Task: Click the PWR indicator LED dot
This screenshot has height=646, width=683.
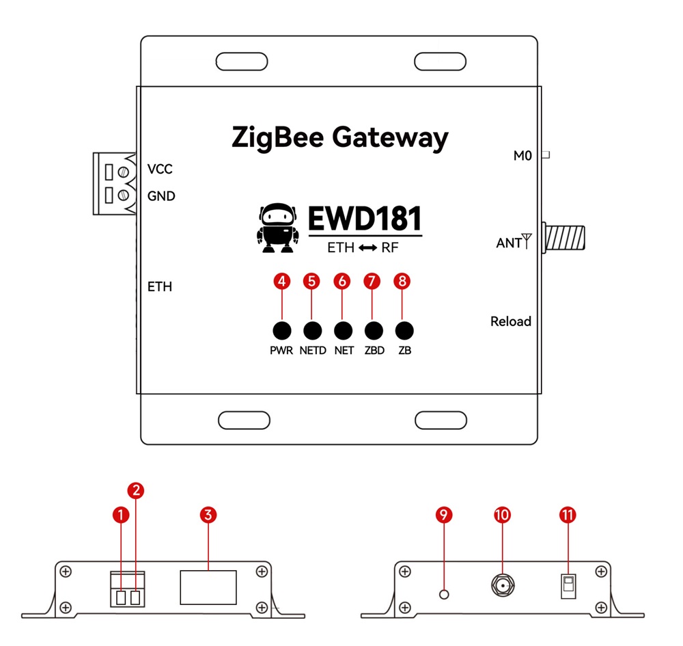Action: [x=281, y=331]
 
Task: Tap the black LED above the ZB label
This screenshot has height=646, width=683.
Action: [x=404, y=331]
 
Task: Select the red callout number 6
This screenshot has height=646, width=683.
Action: [x=341, y=281]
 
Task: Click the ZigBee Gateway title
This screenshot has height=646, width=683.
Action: [x=340, y=137]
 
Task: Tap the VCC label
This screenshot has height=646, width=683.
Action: [x=161, y=170]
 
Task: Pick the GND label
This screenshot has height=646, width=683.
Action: [x=161, y=196]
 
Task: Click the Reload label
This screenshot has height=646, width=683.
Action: [x=510, y=321]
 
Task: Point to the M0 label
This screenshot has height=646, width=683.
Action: [x=522, y=156]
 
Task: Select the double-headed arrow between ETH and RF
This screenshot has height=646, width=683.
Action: [x=368, y=248]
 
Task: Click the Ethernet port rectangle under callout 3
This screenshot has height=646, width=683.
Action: [x=208, y=587]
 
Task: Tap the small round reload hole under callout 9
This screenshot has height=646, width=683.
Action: [x=445, y=594]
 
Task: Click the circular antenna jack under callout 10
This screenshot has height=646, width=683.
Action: [x=503, y=586]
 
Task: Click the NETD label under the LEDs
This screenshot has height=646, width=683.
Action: [x=313, y=351]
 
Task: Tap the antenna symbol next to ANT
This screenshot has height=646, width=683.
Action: [x=526, y=241]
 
